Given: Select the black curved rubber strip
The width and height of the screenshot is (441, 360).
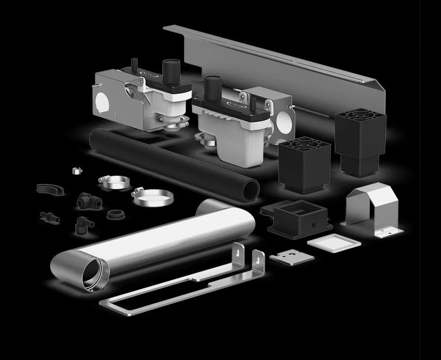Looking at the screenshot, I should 49,189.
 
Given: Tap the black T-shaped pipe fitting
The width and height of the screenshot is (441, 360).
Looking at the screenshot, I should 85,201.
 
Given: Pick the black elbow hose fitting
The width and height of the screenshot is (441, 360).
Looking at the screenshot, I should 83,223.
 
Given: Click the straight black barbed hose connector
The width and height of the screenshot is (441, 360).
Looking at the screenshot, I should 50,216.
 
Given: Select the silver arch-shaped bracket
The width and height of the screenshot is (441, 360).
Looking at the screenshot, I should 372,209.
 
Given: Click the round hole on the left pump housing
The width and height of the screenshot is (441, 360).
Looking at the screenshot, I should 103,102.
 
